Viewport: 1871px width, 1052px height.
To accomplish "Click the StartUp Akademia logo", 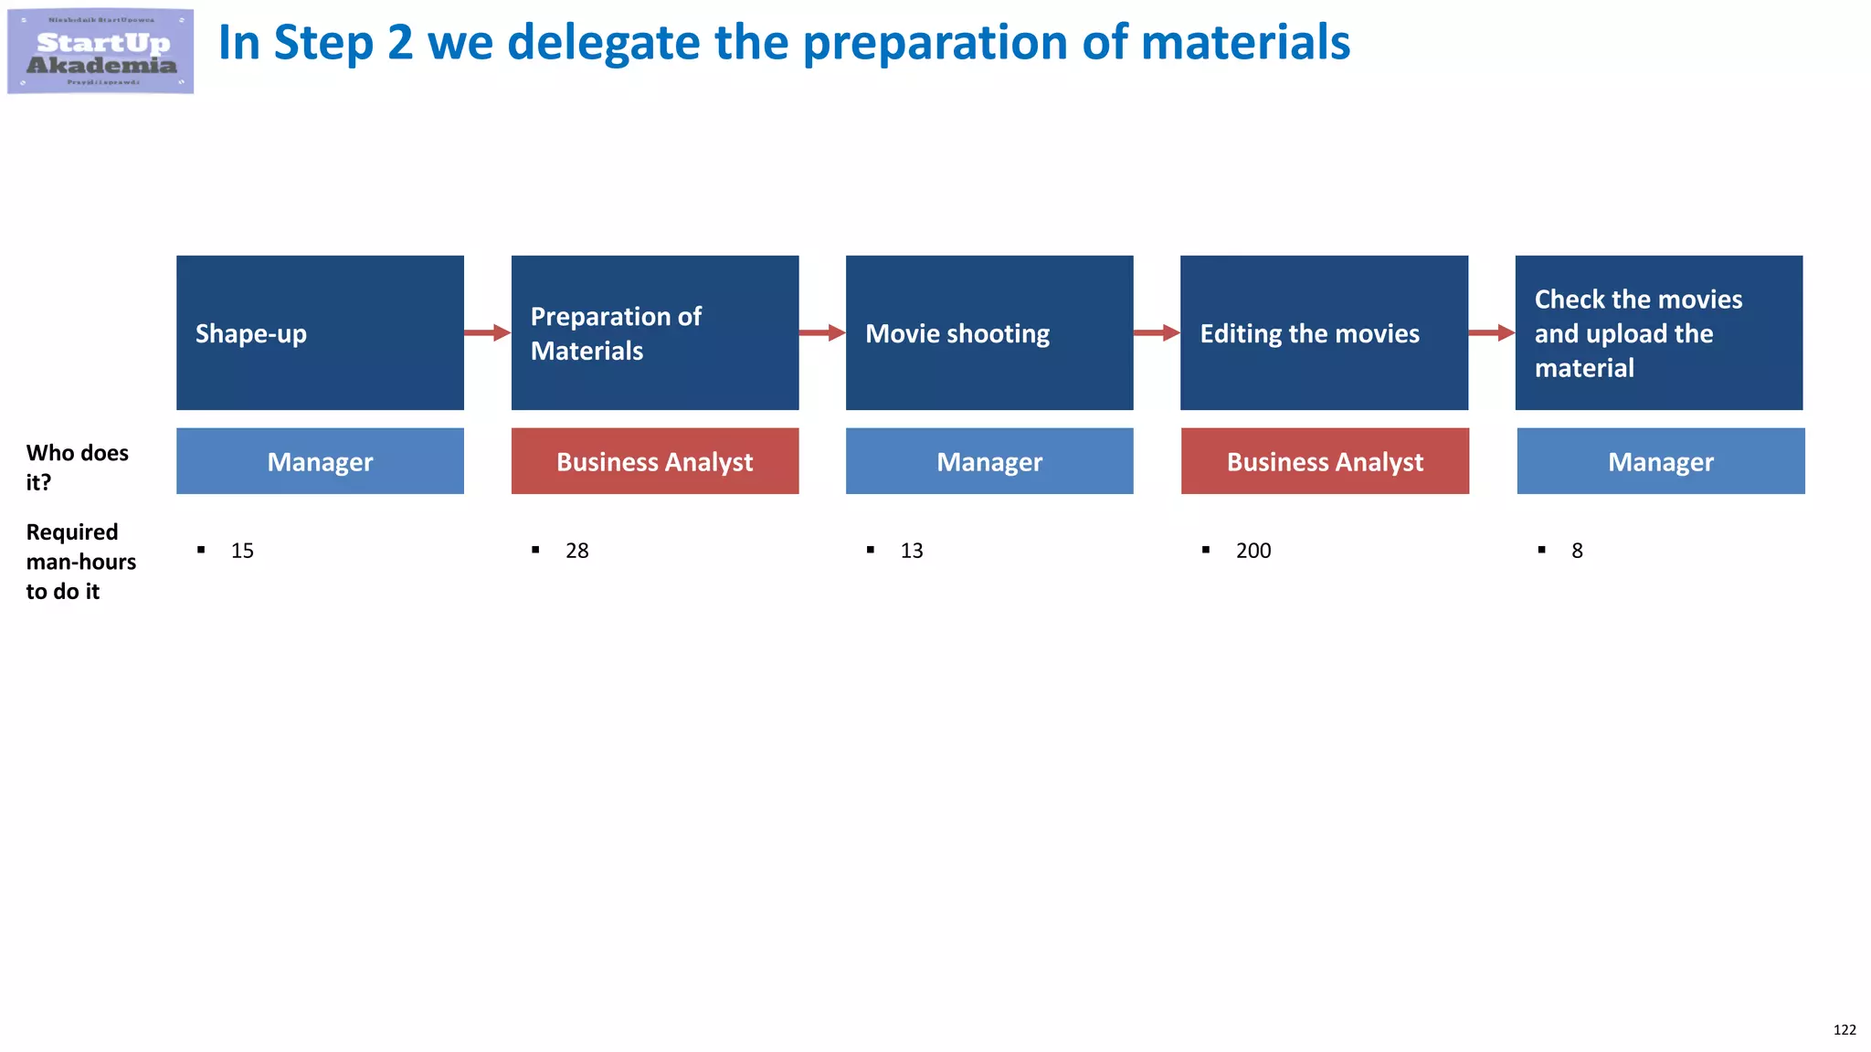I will (x=100, y=51).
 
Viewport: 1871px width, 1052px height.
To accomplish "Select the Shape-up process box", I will (x=320, y=332).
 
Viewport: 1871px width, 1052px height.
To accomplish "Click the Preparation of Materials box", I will (x=654, y=332).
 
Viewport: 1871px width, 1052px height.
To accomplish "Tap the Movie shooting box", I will (x=989, y=332).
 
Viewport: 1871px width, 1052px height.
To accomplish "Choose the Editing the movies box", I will (x=1324, y=332).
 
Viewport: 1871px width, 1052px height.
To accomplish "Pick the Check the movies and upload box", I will (x=1658, y=332).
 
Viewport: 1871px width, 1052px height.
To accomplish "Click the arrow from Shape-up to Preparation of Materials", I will (x=487, y=332).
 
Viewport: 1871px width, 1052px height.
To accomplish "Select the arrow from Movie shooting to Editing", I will (x=1157, y=332).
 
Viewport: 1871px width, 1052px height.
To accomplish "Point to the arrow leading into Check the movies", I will (x=1491, y=332).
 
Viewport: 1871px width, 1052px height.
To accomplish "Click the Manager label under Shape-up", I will (x=320, y=461).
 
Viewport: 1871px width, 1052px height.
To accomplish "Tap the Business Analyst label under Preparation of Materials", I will (x=654, y=461).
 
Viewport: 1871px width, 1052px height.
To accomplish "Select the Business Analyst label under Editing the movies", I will (x=1325, y=461).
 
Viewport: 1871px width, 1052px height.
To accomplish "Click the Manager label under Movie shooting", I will (x=989, y=461).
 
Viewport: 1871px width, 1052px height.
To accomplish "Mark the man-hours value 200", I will (x=1253, y=551).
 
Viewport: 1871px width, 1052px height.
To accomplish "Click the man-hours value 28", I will (x=576, y=551).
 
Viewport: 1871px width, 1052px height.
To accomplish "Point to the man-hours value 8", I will (x=1577, y=551).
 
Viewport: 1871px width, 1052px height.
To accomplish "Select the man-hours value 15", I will (x=242, y=551).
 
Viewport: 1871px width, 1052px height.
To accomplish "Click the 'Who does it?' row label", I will (x=77, y=467).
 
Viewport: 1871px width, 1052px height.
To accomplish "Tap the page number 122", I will (x=1844, y=1029).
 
